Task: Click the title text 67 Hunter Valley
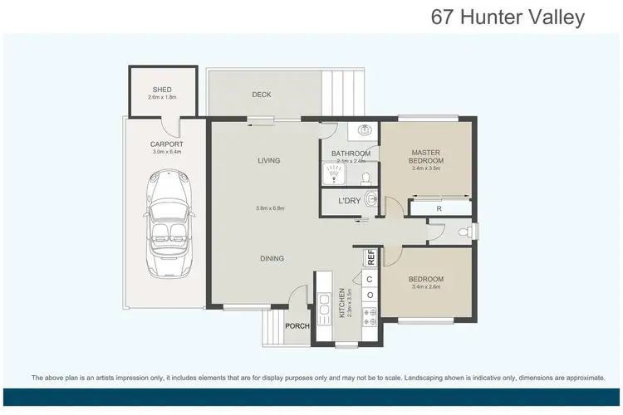click(508, 17)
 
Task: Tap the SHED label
click(162, 90)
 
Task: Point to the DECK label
click(262, 95)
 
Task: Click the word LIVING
click(268, 160)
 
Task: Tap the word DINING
click(272, 258)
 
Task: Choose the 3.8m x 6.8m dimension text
click(270, 208)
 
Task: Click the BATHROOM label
click(350, 154)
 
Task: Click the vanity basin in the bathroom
click(365, 129)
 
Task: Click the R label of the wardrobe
click(439, 209)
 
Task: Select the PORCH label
click(297, 326)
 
